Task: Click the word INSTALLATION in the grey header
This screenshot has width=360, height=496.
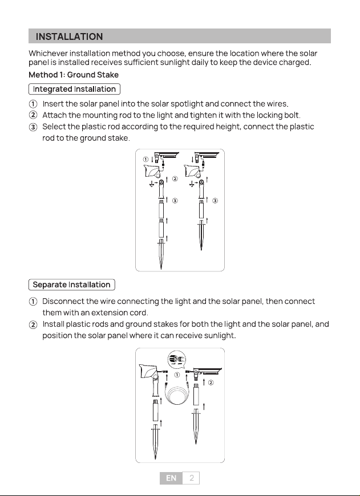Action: [x=70, y=36]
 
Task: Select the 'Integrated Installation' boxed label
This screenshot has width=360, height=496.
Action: [x=74, y=89]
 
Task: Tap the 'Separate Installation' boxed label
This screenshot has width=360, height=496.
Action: [x=71, y=284]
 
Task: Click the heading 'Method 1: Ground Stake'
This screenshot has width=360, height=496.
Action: [x=74, y=75]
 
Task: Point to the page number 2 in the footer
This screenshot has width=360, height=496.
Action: [x=191, y=478]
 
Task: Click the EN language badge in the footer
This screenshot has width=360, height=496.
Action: [x=171, y=478]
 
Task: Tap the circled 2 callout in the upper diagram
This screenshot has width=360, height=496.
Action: [x=175, y=178]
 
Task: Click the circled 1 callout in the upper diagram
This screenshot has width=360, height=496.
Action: [x=145, y=159]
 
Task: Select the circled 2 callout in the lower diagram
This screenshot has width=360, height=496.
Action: [x=211, y=383]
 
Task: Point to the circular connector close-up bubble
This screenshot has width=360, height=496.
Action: [x=177, y=359]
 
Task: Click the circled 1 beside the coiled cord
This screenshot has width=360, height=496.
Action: [x=177, y=375]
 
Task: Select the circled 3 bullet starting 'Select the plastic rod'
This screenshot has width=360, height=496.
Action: [x=33, y=127]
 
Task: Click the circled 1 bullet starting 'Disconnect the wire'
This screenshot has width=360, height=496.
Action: [x=33, y=302]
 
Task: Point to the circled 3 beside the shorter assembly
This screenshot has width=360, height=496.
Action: [x=215, y=201]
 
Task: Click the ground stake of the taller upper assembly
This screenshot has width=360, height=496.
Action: [x=161, y=254]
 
